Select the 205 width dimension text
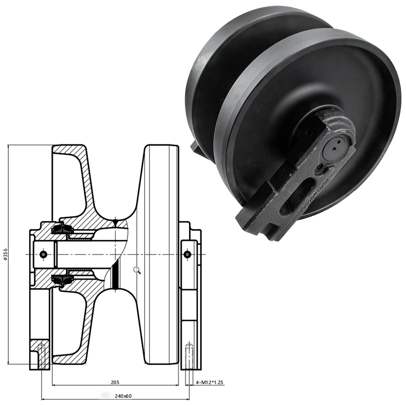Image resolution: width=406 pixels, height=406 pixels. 115,382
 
